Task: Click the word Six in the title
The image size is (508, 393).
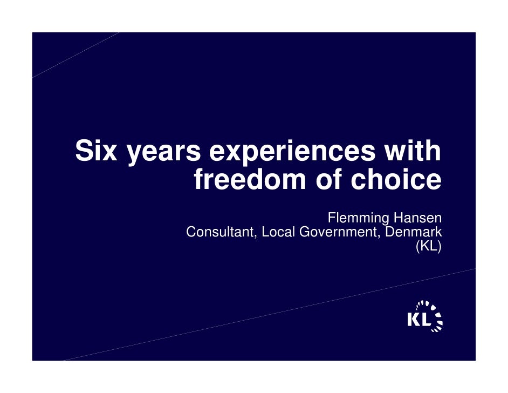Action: point(97,151)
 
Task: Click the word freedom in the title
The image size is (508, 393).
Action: point(251,180)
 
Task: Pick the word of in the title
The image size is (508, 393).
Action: point(329,180)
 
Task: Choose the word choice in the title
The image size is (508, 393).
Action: point(396,180)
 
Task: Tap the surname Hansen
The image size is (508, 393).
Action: point(417,218)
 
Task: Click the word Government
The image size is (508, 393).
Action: point(338,233)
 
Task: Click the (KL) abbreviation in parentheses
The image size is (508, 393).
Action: point(429,247)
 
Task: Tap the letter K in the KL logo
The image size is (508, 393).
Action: point(414,320)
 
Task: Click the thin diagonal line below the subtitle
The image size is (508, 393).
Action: point(270,314)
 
